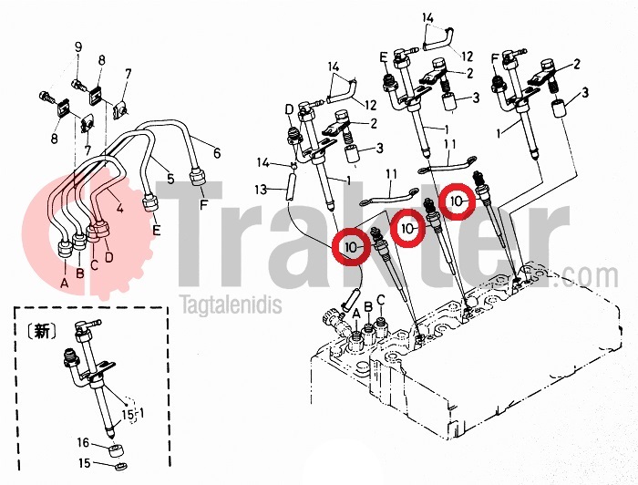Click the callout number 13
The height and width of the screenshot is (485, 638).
tap(262, 190)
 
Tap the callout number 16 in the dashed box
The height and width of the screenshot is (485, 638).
tap(83, 442)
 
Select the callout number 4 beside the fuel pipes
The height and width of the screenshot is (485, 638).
tap(119, 208)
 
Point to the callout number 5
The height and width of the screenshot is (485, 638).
tap(170, 178)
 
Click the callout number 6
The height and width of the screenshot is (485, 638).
tap(217, 153)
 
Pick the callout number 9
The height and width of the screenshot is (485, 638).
tap(77, 47)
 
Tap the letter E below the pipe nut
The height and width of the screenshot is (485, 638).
tap(157, 231)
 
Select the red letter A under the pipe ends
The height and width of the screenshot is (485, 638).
tap(64, 283)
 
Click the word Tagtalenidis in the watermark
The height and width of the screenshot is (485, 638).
tap(232, 305)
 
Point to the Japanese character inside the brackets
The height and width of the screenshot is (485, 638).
tap(41, 331)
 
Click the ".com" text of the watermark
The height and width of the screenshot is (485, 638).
tap(590, 277)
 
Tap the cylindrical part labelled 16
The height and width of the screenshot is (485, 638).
tap(116, 451)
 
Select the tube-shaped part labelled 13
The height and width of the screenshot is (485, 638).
tap(292, 186)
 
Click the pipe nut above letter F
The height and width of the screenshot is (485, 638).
tap(199, 178)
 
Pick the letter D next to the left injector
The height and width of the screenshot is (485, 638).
tap(289, 109)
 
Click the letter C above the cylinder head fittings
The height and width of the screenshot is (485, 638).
tap(380, 300)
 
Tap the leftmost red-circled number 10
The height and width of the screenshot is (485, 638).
tap(351, 246)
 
